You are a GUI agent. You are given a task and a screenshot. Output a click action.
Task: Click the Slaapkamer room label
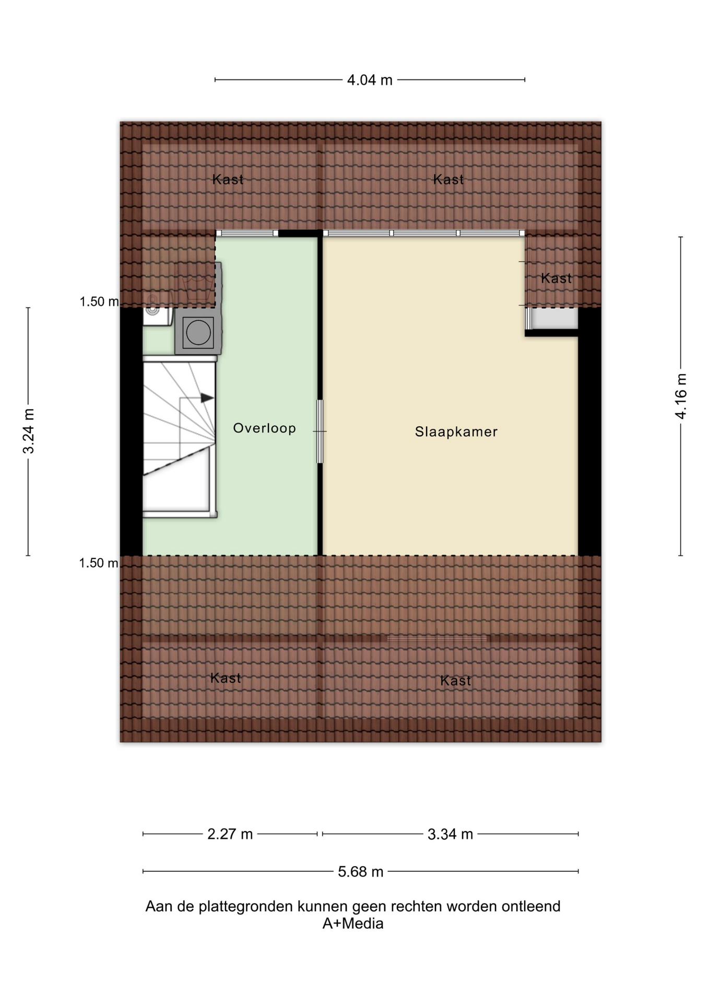coord(456,431)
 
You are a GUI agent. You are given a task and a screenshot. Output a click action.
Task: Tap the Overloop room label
coord(264,428)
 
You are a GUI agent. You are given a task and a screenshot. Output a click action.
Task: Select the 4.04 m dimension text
coord(370,80)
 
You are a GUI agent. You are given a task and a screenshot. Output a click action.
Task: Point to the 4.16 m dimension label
coord(681,396)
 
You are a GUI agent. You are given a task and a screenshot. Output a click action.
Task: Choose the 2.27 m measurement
coord(230,834)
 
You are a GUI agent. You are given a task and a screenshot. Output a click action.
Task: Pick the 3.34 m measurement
coord(450,834)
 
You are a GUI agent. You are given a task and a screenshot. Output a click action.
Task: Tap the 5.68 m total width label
coord(360,871)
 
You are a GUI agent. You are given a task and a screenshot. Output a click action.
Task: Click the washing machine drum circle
coord(198,332)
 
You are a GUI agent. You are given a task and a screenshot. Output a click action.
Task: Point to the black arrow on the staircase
coord(207,398)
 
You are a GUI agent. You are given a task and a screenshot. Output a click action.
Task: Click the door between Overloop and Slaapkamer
coord(320,431)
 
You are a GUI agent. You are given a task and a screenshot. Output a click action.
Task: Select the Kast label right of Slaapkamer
coord(556,278)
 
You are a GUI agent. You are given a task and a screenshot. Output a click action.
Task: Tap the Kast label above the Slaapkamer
coord(448,179)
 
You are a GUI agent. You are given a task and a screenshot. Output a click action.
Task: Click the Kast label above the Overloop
coord(228,179)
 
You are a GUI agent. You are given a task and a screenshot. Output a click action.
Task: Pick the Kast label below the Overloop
coord(226,678)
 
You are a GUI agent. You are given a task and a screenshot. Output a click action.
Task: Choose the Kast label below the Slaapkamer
coord(455,680)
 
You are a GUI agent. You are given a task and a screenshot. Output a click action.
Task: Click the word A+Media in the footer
coord(353,924)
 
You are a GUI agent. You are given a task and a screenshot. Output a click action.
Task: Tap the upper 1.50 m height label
coord(99,301)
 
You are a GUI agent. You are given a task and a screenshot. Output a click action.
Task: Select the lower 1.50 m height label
coord(98,563)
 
